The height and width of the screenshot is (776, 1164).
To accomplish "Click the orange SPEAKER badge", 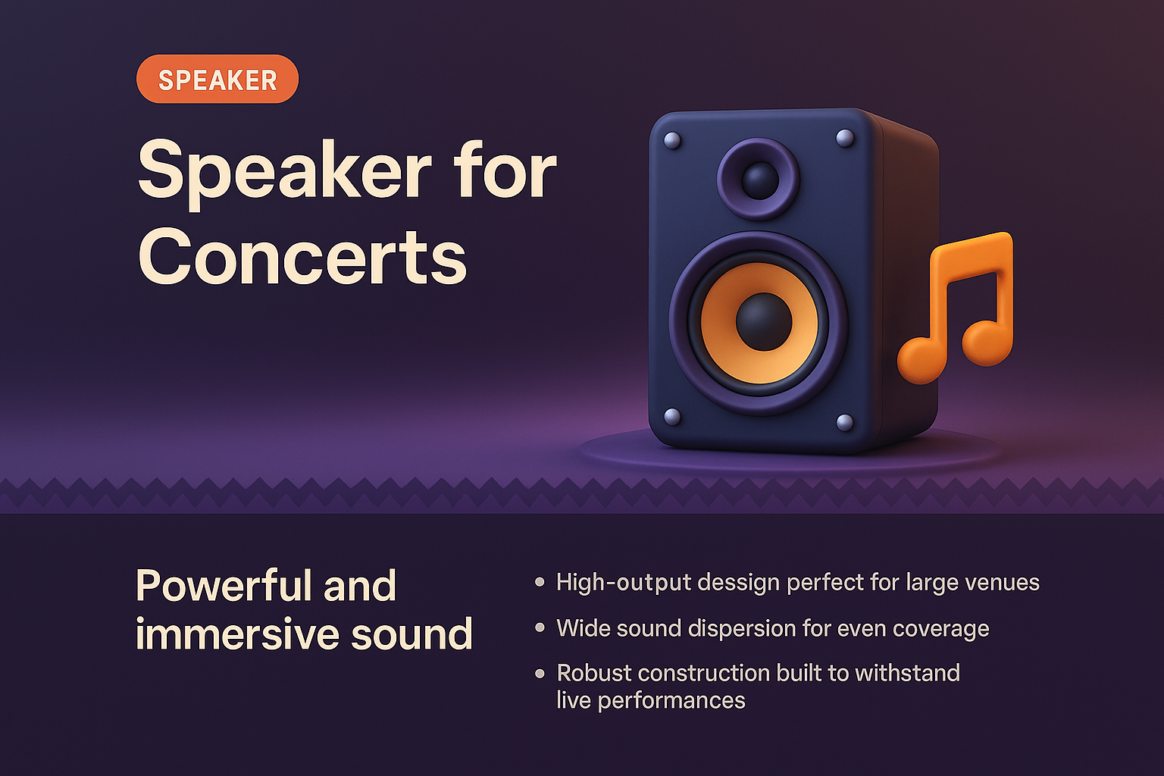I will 217,80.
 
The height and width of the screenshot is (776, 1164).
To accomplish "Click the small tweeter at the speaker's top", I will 758,180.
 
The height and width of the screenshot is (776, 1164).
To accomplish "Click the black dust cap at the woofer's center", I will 763,322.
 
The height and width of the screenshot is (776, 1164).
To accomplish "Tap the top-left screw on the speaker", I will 671,141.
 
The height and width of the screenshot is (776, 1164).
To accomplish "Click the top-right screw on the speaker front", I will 844,138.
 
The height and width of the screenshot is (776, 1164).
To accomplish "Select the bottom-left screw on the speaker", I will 671,416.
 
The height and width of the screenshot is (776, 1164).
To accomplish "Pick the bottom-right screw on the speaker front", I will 844,422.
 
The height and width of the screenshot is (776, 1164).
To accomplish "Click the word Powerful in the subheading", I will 221,586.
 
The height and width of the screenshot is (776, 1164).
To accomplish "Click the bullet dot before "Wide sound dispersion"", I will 540,628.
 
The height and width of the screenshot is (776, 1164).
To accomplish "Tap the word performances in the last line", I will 671,701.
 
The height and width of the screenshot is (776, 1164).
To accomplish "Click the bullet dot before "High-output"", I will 540,582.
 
